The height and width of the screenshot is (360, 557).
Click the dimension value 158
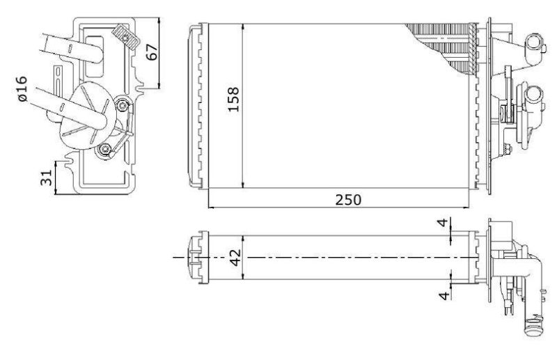234,100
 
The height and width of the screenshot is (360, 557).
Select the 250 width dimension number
348,200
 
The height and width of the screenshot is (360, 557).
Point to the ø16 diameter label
22,88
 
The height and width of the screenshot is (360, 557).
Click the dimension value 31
47,178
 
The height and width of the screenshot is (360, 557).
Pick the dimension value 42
235,258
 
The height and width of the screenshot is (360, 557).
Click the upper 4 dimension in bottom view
443,223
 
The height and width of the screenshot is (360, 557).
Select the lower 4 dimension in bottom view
444,296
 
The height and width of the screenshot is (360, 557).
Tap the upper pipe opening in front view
533,42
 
